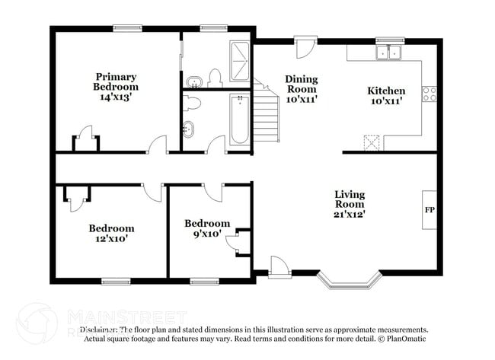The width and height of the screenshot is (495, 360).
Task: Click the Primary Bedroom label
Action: tap(116, 81)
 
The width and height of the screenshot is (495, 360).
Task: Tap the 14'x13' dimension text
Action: tap(116, 97)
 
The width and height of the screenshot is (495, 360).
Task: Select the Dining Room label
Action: tap(302, 84)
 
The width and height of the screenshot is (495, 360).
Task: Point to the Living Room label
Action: tap(350, 199)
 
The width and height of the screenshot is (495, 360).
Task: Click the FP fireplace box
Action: tap(430, 209)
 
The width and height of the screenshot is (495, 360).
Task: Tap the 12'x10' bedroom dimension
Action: tap(111, 238)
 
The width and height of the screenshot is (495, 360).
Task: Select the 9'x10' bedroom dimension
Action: tap(206, 234)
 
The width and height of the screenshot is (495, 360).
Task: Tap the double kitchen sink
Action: tap(389, 53)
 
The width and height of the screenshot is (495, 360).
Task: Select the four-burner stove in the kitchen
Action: tap(430, 94)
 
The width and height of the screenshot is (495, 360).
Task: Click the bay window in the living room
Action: tap(348, 280)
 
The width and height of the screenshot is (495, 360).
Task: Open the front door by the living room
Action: tap(279, 266)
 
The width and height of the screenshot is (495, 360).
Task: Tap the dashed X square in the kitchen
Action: tap(372, 142)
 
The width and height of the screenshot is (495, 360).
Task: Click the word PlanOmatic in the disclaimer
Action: tap(405, 339)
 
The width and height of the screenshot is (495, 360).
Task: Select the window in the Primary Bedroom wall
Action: tap(128, 29)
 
